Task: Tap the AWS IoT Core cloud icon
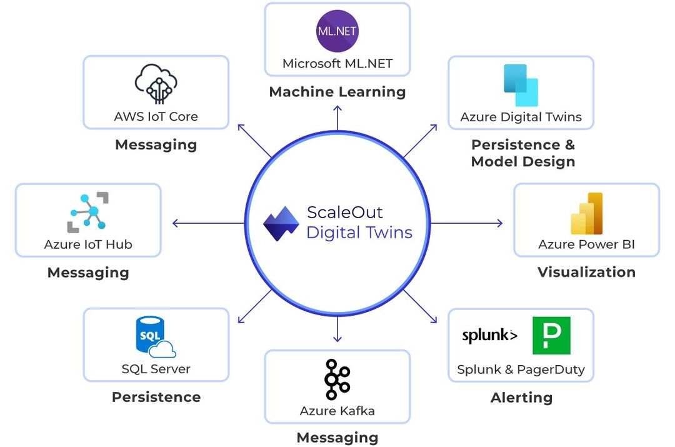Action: coord(156,84)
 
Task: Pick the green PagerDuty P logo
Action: coord(551,336)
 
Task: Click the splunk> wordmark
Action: coord(489,336)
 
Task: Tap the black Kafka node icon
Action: coord(337,379)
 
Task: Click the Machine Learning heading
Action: coord(337,92)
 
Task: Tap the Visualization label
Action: coord(586,272)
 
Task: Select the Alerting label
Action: coord(521,398)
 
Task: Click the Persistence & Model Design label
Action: coord(522,153)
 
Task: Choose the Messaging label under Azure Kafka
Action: coord(337,438)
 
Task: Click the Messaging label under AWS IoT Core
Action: coord(156,145)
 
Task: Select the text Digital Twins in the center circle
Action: coord(359,233)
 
